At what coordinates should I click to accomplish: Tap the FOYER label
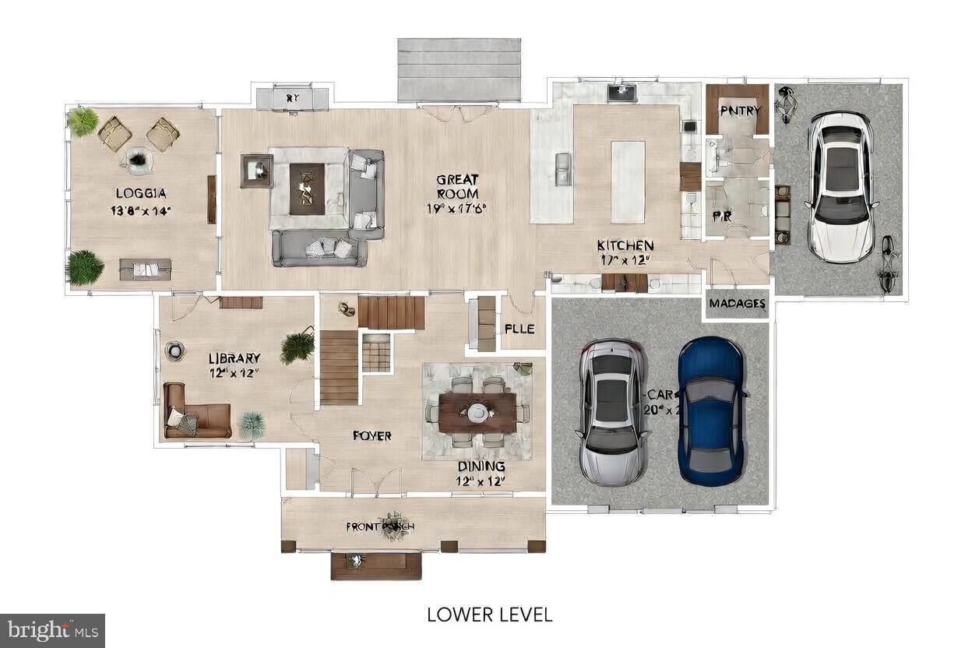372,436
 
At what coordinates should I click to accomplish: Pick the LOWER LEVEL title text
489,615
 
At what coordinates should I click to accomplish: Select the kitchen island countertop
628,181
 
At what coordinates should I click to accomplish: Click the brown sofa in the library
197,411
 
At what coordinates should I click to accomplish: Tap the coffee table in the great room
307,188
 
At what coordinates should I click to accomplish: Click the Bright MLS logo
52,630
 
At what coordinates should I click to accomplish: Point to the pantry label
738,111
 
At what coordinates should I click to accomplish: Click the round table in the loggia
138,160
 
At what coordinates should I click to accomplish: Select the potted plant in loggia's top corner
83,121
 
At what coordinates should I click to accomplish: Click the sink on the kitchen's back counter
622,93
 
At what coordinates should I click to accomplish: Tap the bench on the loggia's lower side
145,269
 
